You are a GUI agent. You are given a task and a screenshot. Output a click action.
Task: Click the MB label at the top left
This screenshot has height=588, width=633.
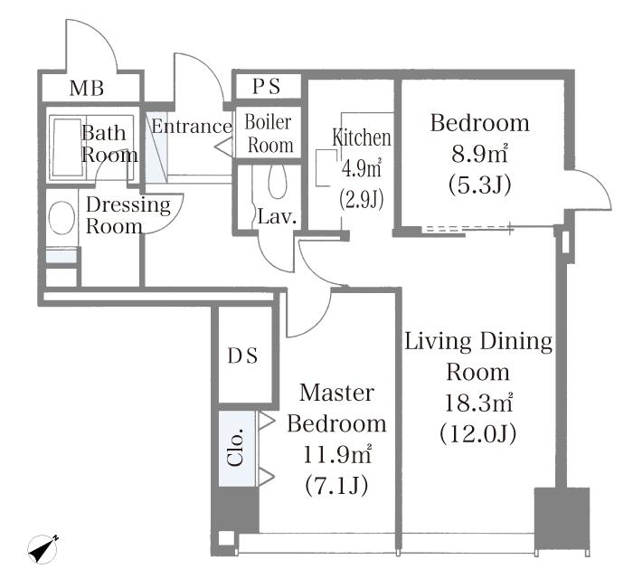click(87, 89)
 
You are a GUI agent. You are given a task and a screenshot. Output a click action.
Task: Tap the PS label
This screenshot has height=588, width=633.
click(266, 87)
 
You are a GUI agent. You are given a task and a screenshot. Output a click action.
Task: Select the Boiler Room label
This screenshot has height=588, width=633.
click(269, 134)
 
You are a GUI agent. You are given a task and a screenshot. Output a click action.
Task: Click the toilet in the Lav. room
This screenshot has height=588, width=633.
click(277, 182)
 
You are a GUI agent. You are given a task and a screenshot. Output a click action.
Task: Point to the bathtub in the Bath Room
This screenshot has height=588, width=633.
click(68, 147)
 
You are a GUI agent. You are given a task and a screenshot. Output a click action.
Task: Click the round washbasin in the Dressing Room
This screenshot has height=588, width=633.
click(61, 217)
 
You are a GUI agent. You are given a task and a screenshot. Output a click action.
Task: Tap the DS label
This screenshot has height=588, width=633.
click(242, 356)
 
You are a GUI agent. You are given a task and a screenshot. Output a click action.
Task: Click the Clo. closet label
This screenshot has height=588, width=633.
click(236, 447)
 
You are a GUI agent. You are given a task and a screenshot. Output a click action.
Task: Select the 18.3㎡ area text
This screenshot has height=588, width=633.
click(478, 403)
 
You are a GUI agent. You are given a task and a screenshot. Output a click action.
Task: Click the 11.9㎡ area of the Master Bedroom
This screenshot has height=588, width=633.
click(336, 455)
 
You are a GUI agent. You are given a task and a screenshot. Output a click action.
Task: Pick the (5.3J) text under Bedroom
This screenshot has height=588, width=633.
click(479, 185)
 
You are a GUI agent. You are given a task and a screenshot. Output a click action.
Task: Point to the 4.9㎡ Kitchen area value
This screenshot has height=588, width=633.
click(362, 168)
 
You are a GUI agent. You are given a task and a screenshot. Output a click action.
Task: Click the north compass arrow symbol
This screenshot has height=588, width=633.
click(43, 548)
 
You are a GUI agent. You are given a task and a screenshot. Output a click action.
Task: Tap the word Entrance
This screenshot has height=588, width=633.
click(192, 127)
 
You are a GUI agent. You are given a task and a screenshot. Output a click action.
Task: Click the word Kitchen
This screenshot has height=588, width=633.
click(362, 138)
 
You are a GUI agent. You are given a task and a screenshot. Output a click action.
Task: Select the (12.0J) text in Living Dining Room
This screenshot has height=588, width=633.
click(478, 434)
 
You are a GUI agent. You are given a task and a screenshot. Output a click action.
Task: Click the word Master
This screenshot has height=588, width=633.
click(336, 393)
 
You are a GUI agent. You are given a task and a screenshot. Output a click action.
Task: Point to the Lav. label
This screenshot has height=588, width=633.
click(277, 217)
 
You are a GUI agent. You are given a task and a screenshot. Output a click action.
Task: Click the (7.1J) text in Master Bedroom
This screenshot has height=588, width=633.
click(336, 486)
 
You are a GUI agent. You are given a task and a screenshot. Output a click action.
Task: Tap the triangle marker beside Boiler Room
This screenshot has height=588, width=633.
click(224, 147)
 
